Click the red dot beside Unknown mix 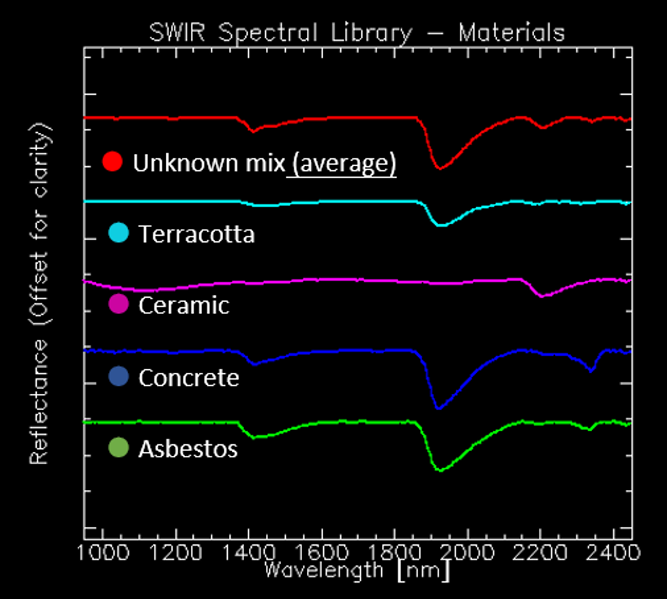tap(113, 162)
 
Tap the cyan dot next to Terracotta tap(119, 233)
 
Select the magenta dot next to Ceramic tap(119, 305)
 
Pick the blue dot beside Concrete tap(119, 376)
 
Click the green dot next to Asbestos tap(119, 448)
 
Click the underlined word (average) tap(342, 163)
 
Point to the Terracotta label tap(196, 234)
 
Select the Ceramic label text tap(183, 305)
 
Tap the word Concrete tap(188, 377)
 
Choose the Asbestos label tap(188, 448)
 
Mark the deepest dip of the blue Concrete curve tap(438, 408)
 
